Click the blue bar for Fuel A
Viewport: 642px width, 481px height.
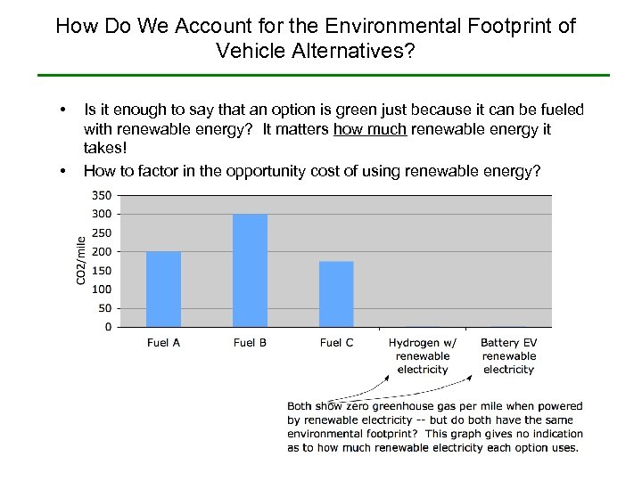163,289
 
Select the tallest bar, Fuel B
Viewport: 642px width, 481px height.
250,270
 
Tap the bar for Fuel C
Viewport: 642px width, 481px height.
336,294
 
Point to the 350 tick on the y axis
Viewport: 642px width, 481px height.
103,195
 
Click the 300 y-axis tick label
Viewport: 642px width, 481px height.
103,214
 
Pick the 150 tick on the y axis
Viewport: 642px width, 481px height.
103,271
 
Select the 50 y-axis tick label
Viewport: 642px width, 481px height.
105,308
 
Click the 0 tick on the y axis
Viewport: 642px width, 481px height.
108,327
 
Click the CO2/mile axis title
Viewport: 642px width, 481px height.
81,260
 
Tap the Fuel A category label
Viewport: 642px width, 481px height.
163,343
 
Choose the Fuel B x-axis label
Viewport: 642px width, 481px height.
250,343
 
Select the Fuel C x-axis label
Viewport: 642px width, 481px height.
336,343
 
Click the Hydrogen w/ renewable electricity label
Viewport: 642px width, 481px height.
423,355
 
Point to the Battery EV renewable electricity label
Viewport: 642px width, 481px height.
509,355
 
